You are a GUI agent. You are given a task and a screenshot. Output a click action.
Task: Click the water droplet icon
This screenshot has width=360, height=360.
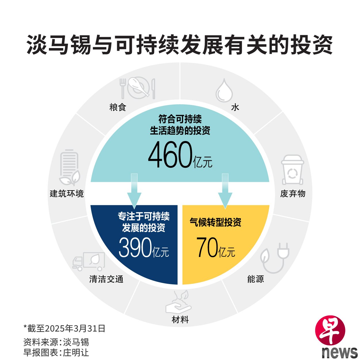pos(224,90)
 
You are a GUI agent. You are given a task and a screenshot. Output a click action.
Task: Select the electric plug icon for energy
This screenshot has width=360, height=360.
pos(275,258)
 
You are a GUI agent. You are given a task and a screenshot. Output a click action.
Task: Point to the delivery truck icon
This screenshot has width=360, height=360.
pos(89,261)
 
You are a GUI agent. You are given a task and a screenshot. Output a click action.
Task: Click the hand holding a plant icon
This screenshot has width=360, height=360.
pos(178,302)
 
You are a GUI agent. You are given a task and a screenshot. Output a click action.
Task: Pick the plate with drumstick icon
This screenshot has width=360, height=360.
pos(138,88)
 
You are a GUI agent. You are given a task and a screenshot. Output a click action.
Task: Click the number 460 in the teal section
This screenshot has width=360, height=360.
pos(170,155)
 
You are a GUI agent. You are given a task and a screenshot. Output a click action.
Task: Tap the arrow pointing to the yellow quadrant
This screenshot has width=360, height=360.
pos(225,191)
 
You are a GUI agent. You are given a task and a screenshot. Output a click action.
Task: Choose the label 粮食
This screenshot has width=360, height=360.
pos(118,107)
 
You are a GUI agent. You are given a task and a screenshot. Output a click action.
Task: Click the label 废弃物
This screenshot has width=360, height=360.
pos(293,194)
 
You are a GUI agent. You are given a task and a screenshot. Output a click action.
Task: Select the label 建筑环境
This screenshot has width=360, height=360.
pos(67,194)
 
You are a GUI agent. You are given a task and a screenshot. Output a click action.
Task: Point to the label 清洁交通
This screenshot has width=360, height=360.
pos(106,279)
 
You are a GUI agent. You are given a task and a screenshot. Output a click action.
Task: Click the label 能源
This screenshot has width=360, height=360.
pos(256,279)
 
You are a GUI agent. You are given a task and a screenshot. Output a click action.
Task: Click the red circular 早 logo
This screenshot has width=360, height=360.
pos(330,331)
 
